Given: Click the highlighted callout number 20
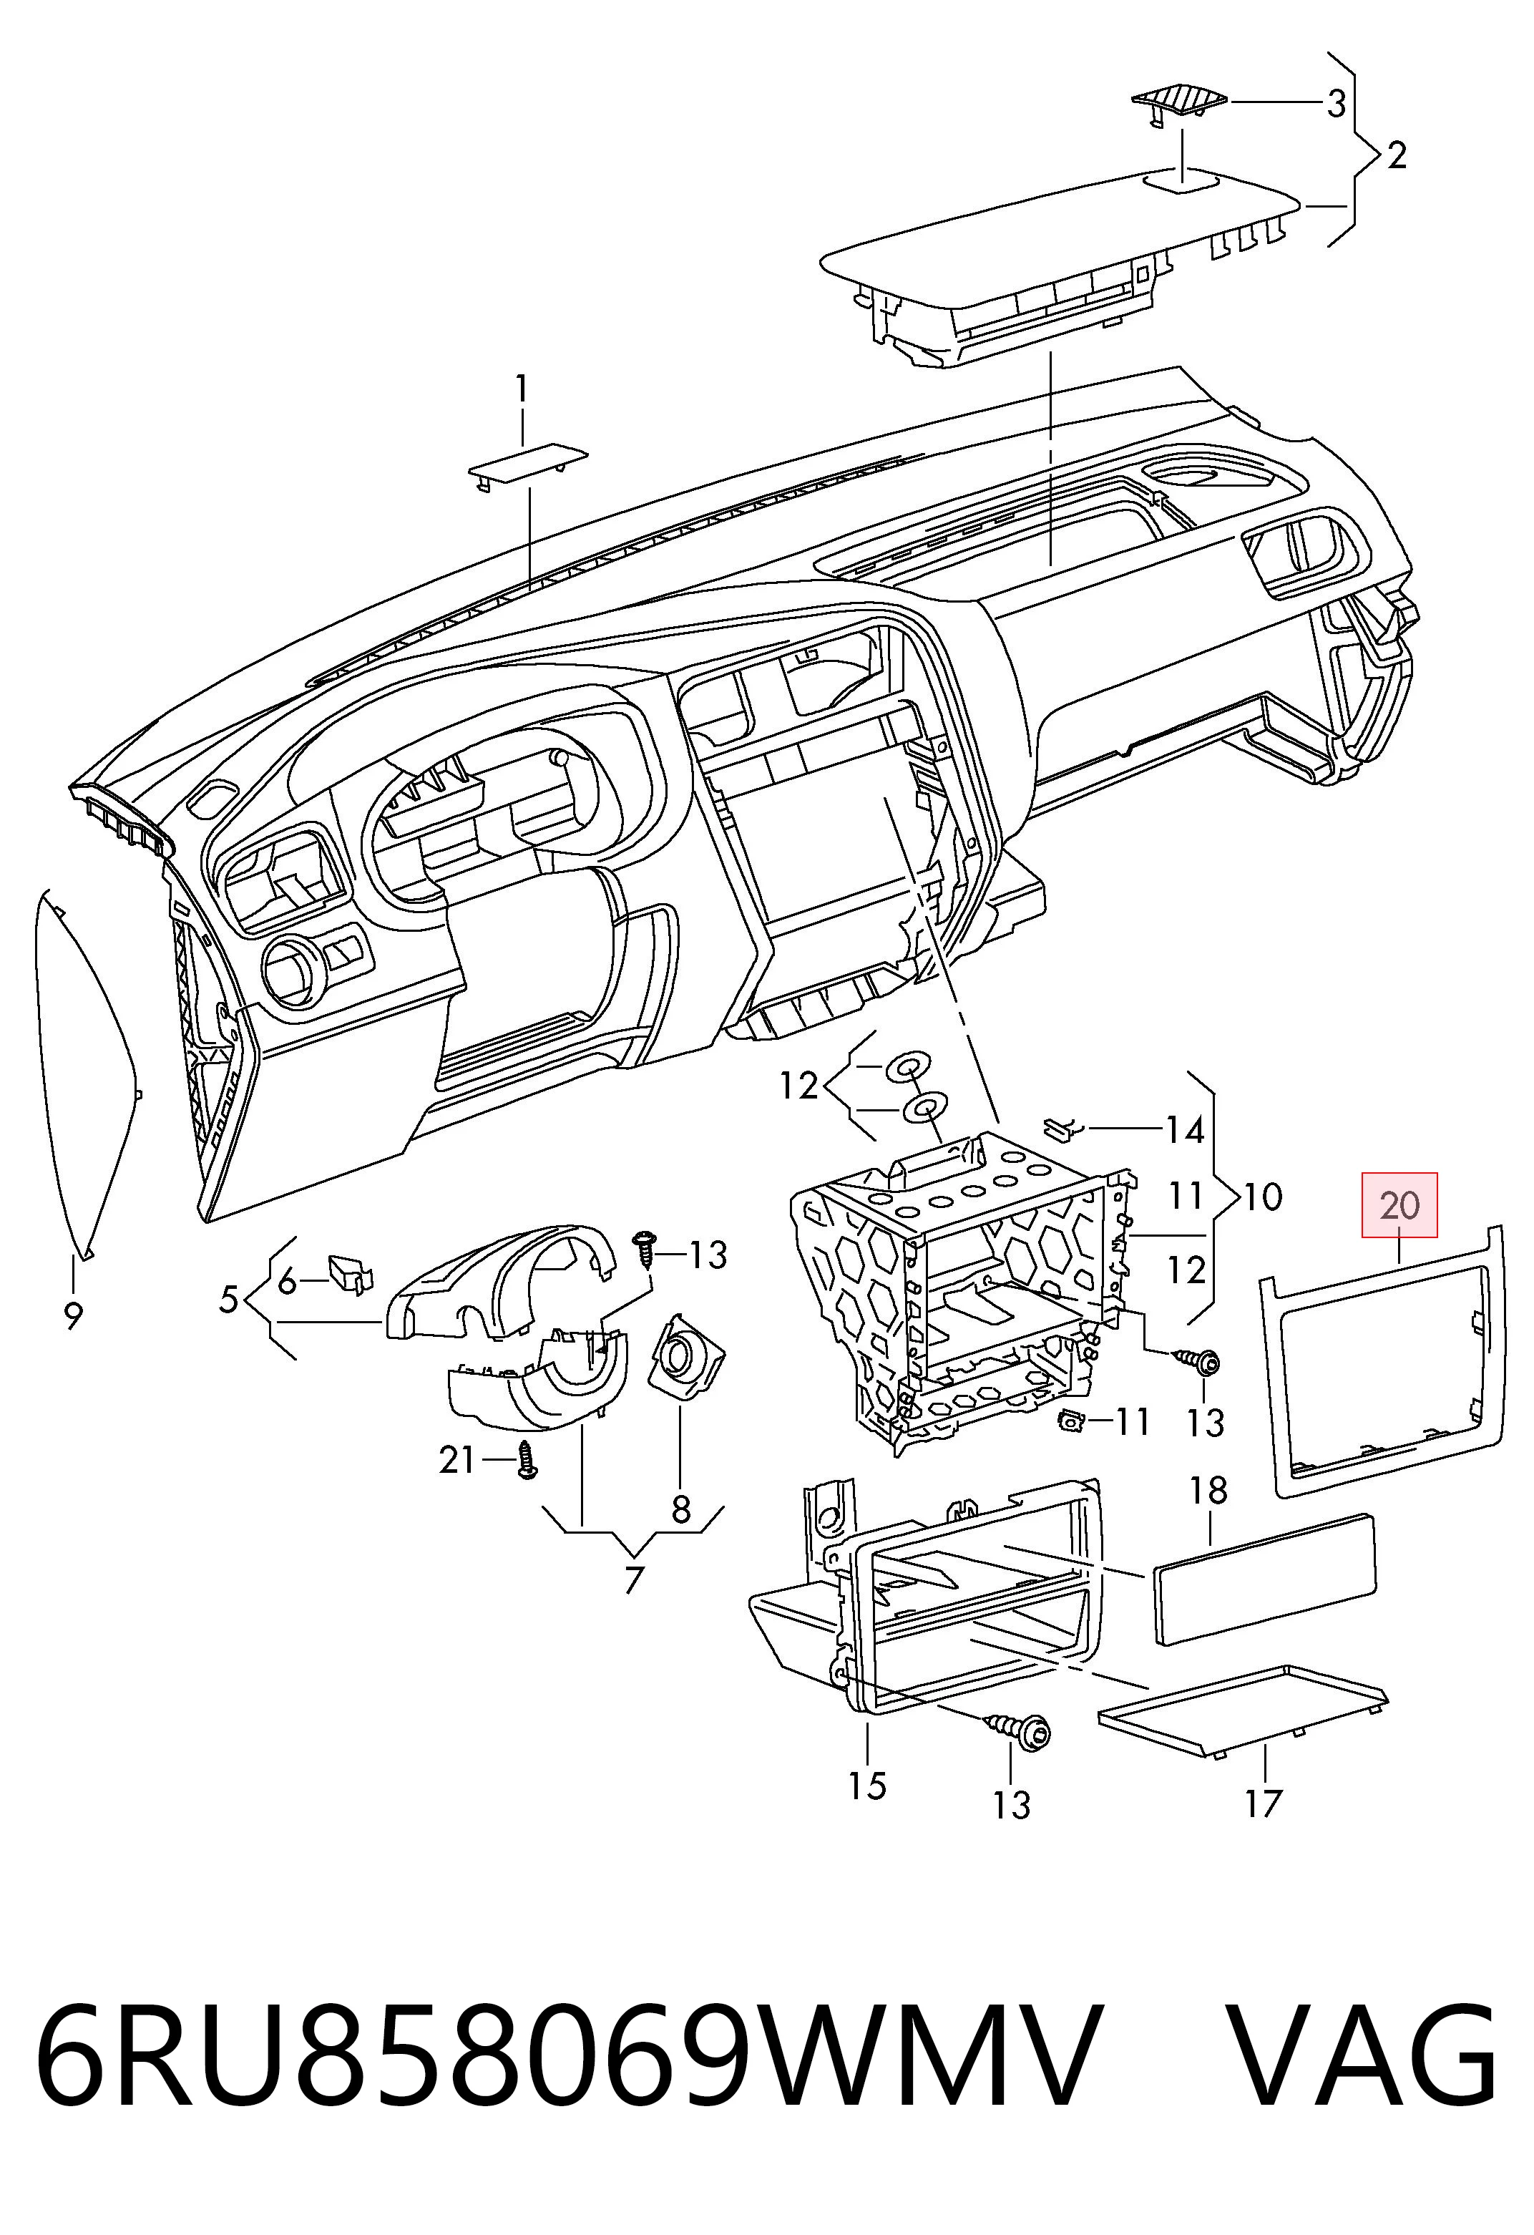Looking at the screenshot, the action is point(1399,1205).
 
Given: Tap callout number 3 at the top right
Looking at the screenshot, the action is point(1336,103).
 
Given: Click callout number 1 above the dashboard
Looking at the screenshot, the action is point(522,389).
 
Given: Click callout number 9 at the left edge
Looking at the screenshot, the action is point(73,1315).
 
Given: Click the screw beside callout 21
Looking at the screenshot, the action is point(526,1460).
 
